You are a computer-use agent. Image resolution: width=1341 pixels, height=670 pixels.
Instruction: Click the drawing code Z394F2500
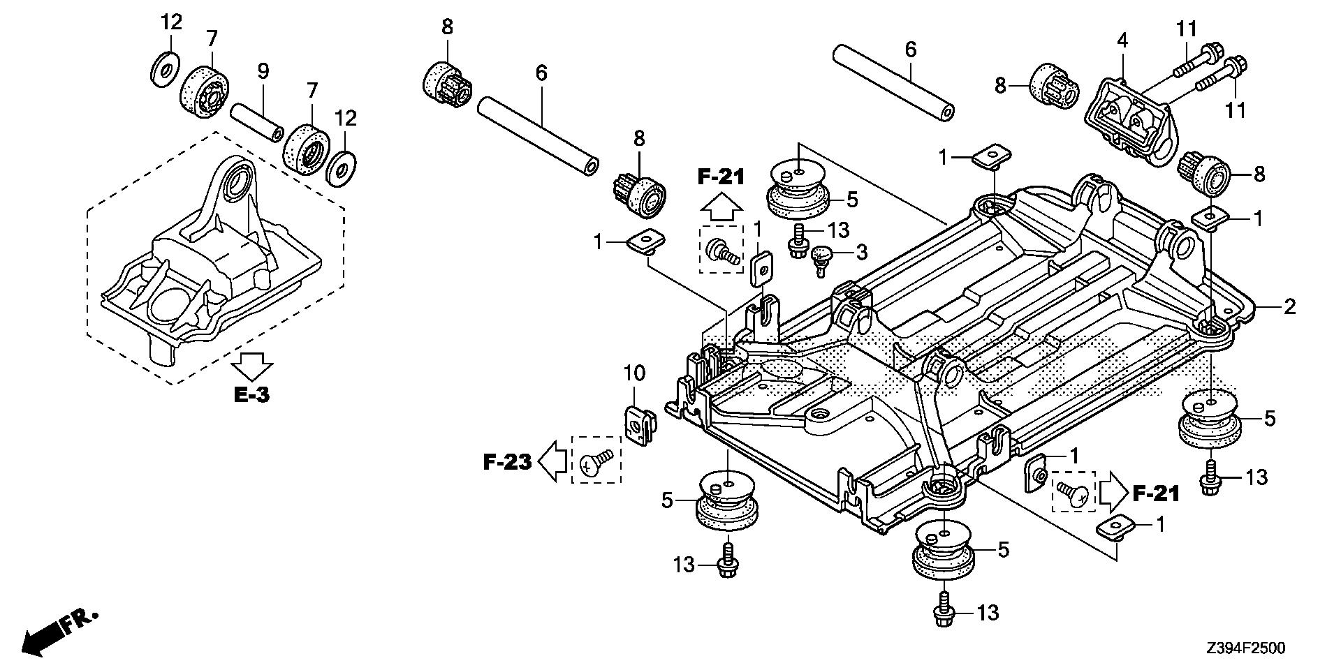(1244, 648)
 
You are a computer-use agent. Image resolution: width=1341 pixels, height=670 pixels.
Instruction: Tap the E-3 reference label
(251, 395)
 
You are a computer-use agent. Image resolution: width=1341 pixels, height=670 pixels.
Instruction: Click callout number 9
(263, 70)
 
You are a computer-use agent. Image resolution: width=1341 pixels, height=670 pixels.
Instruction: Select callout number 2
(1289, 306)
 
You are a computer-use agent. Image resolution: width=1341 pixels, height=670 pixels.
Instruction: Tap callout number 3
(862, 251)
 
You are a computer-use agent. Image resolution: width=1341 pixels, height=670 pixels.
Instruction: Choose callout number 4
(1122, 40)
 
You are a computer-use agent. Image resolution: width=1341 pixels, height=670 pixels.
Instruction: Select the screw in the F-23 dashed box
(595, 460)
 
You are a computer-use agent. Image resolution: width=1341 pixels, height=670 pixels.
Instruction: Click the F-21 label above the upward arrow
(721, 177)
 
